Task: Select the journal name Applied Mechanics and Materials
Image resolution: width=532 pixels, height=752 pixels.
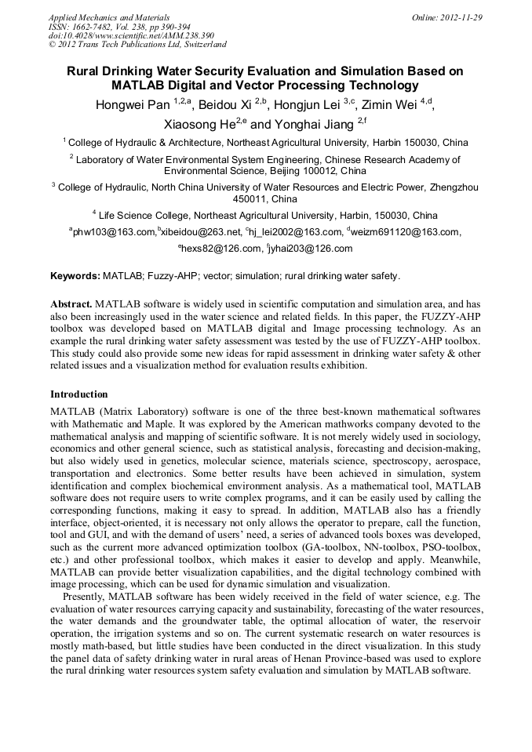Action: [108, 16]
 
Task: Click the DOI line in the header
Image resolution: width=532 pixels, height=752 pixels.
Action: [131, 35]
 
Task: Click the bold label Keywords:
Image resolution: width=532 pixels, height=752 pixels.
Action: [75, 276]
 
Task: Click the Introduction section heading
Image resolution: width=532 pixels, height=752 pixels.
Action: [79, 394]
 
